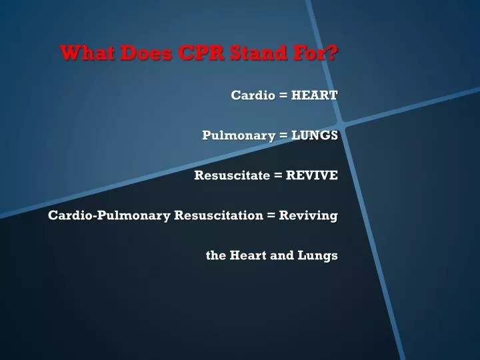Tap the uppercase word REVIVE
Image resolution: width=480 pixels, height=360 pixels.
(x=312, y=175)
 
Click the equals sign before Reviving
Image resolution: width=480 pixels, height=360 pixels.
(x=271, y=215)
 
